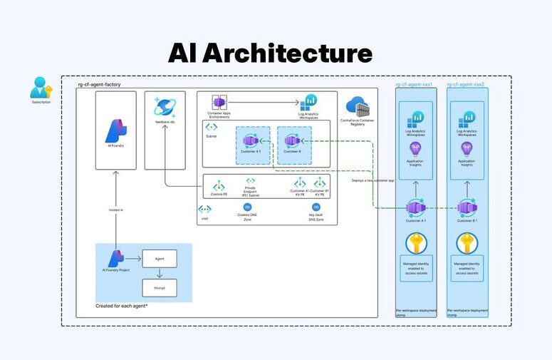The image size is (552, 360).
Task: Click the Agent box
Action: point(160,258)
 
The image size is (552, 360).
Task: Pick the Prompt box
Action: point(160,289)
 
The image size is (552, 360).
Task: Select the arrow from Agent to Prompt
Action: point(160,274)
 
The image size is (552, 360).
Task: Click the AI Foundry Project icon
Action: point(116,258)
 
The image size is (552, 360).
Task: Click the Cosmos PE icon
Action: point(219,185)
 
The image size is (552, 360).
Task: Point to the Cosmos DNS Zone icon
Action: point(247,207)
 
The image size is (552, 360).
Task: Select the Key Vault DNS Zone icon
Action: point(316,207)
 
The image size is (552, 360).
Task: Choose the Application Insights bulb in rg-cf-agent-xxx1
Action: point(415,148)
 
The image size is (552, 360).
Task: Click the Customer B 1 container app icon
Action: point(467,208)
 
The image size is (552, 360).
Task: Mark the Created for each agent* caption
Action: point(121,306)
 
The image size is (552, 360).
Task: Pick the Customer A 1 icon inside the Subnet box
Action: point(249,141)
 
